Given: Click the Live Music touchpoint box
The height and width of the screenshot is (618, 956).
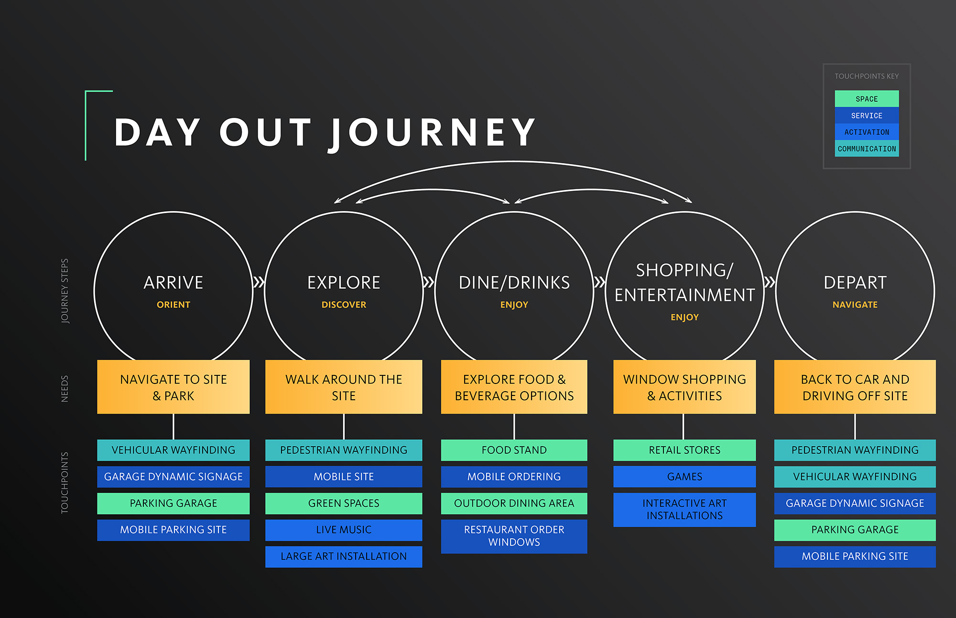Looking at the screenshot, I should point(344,530).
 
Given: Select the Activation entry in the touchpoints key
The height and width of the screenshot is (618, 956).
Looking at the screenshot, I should point(867,132).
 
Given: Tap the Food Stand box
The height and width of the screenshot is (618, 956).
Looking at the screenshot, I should point(514,450).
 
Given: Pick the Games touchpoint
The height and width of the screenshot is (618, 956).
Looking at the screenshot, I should point(684,477).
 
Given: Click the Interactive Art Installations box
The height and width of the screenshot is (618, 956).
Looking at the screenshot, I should point(684,510).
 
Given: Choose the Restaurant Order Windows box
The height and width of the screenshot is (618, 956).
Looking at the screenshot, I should point(514,536).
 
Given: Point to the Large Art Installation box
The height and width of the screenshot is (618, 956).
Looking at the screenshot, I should point(344,556).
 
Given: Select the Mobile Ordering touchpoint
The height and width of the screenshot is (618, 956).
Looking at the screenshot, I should point(514,477).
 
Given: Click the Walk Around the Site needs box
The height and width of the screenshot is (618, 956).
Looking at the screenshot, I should point(344,387).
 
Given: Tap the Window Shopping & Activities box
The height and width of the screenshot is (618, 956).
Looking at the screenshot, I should point(684,387).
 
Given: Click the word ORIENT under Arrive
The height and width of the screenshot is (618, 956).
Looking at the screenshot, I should point(174,305).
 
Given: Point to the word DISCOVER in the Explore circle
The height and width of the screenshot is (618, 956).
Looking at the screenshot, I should point(344,305).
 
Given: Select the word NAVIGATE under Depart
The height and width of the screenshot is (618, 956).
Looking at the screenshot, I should point(855,305).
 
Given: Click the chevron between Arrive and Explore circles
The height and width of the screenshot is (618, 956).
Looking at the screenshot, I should point(259,282).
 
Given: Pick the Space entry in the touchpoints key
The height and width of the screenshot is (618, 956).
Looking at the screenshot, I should point(867,99).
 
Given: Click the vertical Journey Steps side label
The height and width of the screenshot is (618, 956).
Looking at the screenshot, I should point(65,291).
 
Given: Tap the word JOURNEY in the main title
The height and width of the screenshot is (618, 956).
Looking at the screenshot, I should point(433,133).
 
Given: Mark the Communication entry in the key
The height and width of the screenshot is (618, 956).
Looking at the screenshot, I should point(867,149).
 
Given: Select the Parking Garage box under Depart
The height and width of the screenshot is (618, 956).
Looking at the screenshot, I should point(855,530).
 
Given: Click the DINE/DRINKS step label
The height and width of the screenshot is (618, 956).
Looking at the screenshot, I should point(514,283).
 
